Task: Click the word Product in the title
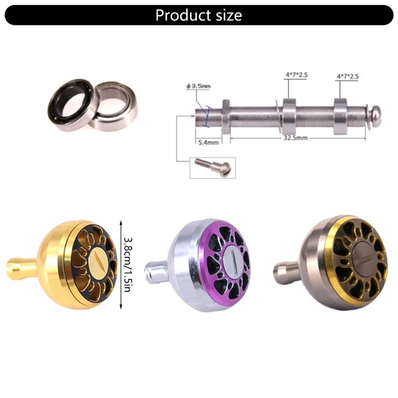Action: (x=182, y=15)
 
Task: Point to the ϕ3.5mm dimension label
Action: (x=198, y=86)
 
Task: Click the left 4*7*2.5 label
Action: (x=297, y=75)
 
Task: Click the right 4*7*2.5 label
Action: (x=348, y=76)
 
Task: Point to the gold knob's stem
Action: (x=21, y=268)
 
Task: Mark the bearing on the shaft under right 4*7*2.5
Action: (x=340, y=116)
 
